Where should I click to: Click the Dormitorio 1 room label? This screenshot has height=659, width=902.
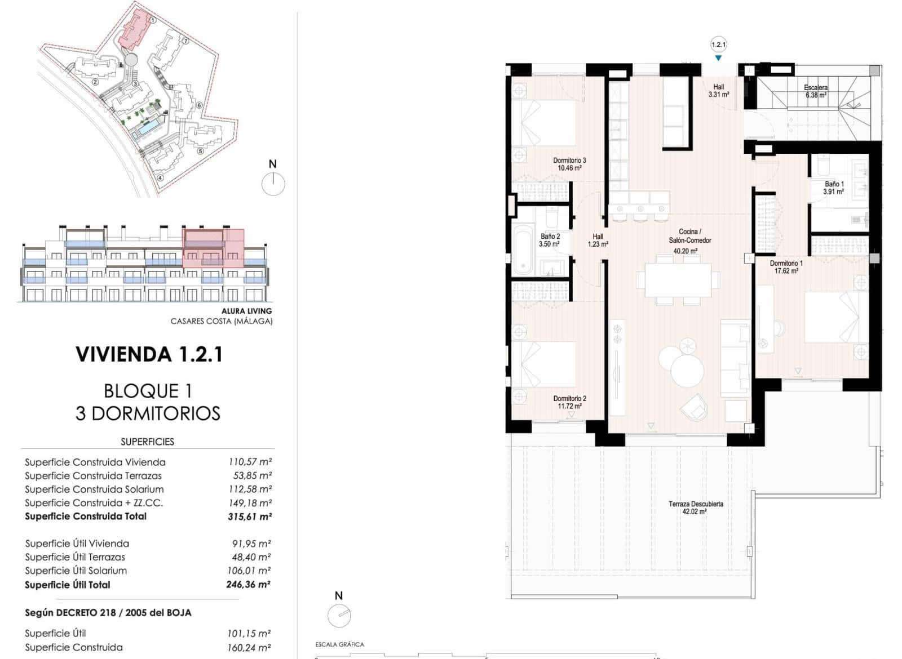pos(786,263)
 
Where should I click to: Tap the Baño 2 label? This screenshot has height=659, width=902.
pos(550,237)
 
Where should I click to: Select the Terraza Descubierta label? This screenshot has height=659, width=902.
pos(696,504)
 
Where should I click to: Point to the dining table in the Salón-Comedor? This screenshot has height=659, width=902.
pos(678,280)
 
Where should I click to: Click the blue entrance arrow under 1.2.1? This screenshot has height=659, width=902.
pos(718,58)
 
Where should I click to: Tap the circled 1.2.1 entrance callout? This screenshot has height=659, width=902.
pos(718,44)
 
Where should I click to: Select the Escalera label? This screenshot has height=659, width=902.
pos(816,88)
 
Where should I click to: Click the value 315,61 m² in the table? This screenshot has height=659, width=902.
pos(250,516)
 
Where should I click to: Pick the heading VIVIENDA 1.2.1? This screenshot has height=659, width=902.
pos(149,354)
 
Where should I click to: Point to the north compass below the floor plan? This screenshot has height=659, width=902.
pos(339,615)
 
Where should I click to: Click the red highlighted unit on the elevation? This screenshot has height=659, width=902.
pos(213,248)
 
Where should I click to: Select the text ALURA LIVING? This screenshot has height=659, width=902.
pos(246,311)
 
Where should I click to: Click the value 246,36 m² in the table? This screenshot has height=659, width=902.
pos(249,585)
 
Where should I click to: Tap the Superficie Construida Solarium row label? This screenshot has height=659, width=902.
pos(94,489)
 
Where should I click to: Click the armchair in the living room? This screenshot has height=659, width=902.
pos(693,407)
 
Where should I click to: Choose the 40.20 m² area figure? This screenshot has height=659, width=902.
pos(685,251)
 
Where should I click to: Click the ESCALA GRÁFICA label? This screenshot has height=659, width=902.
pos(339,644)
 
